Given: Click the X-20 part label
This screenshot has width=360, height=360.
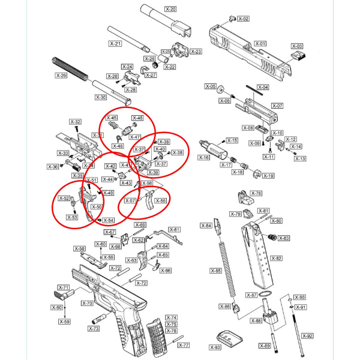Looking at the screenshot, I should [170, 10].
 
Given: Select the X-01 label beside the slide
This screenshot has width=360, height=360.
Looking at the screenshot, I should [260, 44].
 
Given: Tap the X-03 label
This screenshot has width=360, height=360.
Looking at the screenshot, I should [297, 46].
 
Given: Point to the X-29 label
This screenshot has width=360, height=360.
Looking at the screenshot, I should [61, 76].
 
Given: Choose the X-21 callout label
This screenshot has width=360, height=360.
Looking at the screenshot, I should [115, 44].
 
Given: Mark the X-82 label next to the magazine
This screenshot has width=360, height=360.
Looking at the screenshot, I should [276, 258].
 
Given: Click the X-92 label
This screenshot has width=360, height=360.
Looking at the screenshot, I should [307, 336].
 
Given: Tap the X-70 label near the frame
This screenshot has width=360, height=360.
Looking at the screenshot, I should [86, 304].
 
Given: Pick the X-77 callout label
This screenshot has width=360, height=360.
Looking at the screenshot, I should [184, 346].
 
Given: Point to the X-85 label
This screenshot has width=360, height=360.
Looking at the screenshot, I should [216, 271].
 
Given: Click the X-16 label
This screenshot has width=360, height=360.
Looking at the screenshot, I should [204, 157].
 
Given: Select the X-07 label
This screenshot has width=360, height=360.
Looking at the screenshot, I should [277, 106].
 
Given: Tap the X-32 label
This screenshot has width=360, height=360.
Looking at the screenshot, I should [76, 122].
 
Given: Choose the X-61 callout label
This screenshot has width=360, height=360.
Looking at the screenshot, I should [175, 230].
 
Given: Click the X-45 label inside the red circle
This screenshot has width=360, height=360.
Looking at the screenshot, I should [112, 118].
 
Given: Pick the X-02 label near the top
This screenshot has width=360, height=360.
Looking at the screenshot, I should [243, 19].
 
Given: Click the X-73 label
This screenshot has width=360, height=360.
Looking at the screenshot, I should [94, 329].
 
